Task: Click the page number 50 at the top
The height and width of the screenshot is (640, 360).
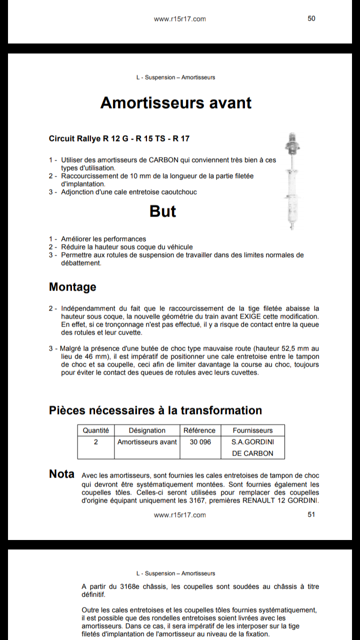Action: (311, 18)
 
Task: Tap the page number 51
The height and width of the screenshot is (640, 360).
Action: (311, 514)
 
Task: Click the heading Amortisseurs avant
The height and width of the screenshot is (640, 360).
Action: (176, 102)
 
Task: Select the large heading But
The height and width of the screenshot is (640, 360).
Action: (163, 211)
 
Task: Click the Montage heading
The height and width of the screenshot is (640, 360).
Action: (72, 287)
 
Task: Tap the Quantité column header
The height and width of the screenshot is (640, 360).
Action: (95, 430)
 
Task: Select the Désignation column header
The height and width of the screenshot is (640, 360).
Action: (147, 430)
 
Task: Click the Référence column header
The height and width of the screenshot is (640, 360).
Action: (199, 430)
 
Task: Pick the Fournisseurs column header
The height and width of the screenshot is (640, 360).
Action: (252, 430)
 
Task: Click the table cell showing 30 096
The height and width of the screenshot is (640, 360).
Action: (200, 442)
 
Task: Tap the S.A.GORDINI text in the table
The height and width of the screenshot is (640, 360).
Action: (252, 442)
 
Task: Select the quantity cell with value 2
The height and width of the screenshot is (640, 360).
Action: (95, 442)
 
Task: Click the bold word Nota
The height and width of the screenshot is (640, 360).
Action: (61, 474)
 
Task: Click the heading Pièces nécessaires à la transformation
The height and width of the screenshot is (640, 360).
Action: (155, 410)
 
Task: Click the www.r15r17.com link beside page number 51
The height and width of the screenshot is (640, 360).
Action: (179, 515)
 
